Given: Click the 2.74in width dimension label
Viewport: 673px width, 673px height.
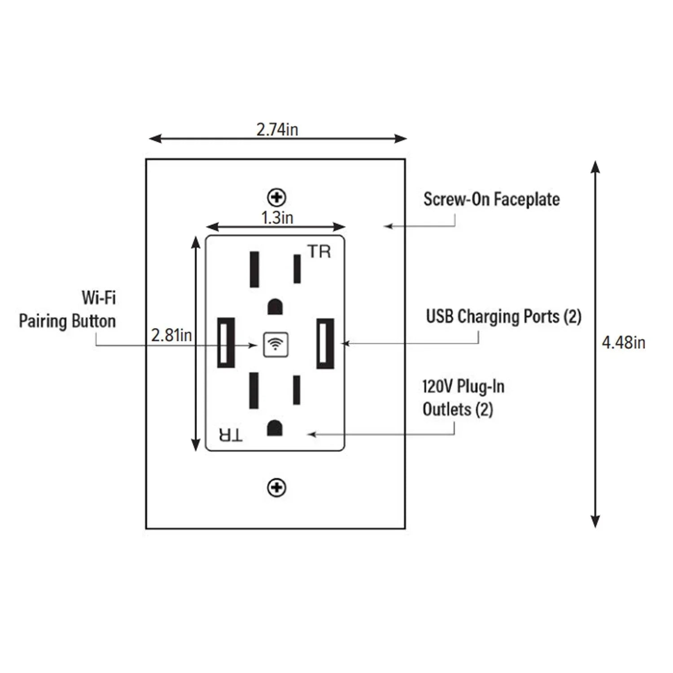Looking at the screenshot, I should (x=277, y=130).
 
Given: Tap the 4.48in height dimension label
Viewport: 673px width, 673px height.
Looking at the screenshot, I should (x=623, y=343).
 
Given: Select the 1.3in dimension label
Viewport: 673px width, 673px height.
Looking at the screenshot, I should (x=277, y=218).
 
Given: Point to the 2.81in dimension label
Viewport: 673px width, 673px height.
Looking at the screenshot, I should (x=171, y=335).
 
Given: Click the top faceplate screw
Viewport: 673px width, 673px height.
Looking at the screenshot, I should (x=277, y=197).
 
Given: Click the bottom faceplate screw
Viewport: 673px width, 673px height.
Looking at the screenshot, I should (x=277, y=488).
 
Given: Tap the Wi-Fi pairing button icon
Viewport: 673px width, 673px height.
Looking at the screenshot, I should (x=275, y=345).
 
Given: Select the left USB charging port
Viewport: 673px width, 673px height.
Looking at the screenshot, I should (x=226, y=342).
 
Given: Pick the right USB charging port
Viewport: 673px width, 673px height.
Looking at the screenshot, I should (x=325, y=343).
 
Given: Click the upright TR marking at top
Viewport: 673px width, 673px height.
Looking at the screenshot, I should (x=319, y=252).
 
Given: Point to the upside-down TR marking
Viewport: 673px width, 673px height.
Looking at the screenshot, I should (x=231, y=434).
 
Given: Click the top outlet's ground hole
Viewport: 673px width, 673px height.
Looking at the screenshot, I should (x=275, y=307).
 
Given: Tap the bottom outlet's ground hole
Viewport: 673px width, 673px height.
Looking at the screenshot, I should (x=275, y=428).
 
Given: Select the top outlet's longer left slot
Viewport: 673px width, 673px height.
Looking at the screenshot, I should (x=254, y=269).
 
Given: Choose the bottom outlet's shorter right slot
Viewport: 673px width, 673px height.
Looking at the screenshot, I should (x=297, y=390).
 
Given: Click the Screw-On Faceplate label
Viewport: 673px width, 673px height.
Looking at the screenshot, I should (x=491, y=200).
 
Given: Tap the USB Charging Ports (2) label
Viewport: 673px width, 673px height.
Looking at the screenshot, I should (x=503, y=317).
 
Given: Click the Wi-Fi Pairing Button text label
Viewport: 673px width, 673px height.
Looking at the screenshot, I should (x=67, y=310).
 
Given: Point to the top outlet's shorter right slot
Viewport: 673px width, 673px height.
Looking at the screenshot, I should (x=297, y=269).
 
